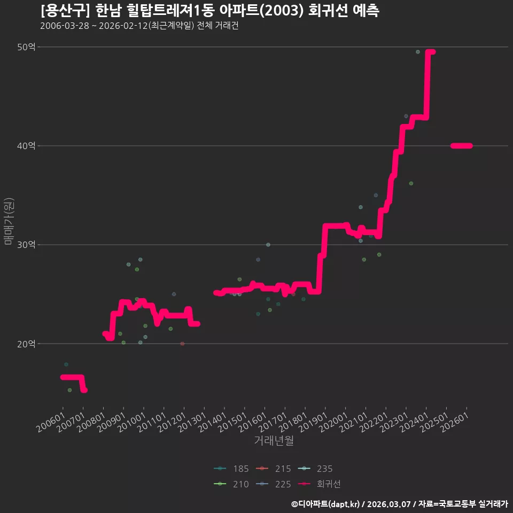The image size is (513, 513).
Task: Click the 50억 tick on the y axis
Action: (26, 47)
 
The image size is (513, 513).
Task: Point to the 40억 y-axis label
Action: (26, 146)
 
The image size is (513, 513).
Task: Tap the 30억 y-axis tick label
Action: (26, 245)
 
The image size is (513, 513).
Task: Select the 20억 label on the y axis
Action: (26, 344)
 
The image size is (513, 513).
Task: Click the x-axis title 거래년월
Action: (274, 441)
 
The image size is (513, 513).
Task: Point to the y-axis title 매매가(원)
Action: (9, 221)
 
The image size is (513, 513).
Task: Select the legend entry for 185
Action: (231, 469)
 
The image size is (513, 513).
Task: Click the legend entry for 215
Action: (273, 469)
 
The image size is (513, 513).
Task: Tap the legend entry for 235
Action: (315, 469)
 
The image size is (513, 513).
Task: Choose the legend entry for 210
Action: (231, 484)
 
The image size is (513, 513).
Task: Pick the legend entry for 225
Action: (273, 484)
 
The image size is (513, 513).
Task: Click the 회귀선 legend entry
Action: (320, 484)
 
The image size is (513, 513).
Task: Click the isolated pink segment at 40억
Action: (461, 146)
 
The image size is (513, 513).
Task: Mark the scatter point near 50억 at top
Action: (418, 52)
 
